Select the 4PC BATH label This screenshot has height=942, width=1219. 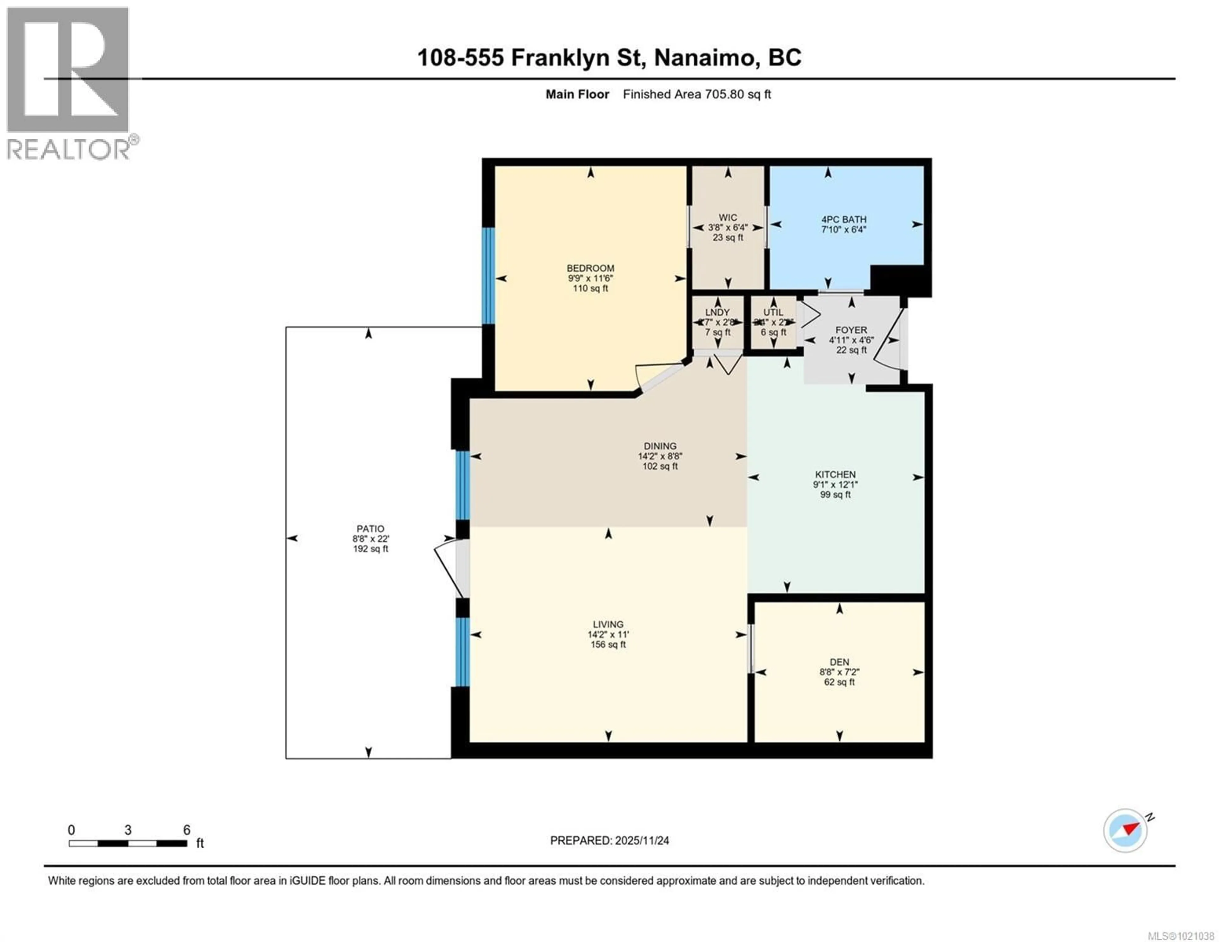click(x=843, y=219)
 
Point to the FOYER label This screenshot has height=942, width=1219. click(x=851, y=330)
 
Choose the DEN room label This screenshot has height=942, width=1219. click(x=839, y=662)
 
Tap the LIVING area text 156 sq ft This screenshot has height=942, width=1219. click(x=608, y=645)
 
